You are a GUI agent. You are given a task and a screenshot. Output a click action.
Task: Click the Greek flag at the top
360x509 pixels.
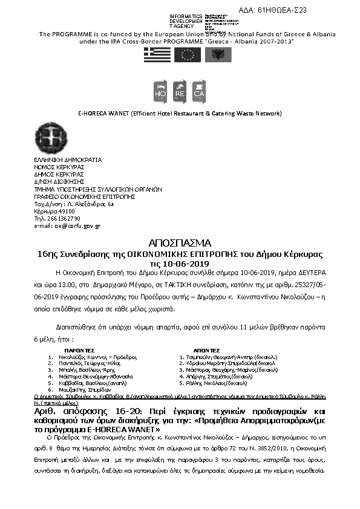pos(157,55)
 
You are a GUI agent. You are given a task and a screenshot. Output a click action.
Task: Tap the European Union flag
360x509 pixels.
pos(187,55)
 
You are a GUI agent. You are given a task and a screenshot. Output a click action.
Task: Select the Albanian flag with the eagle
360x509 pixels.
pos(216,55)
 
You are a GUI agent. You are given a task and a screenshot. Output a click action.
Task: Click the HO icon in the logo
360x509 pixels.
pos(161,91)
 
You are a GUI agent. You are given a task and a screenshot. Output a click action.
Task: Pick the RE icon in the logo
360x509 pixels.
pos(180,91)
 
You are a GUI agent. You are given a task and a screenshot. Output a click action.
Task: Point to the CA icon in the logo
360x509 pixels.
pos(199,91)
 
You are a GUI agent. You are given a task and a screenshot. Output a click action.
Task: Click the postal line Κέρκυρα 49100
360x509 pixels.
pos(50,211)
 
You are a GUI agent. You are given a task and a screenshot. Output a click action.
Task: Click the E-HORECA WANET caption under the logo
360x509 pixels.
pos(180,113)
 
